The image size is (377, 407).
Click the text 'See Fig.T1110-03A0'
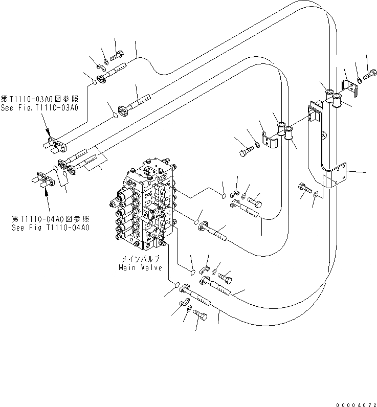(39, 108)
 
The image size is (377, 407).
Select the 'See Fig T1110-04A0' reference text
(51, 227)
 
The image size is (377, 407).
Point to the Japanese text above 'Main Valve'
(139, 259)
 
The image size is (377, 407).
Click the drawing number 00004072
(355, 402)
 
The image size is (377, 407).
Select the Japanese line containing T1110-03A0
(39, 100)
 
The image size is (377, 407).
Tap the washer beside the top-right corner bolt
(360, 80)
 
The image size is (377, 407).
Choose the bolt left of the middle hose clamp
(246, 151)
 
